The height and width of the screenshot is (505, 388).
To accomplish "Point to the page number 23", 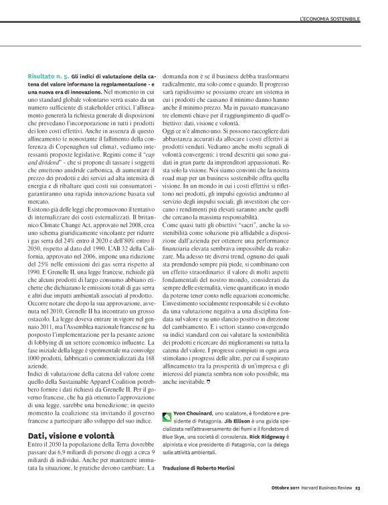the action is click(x=359, y=496).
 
